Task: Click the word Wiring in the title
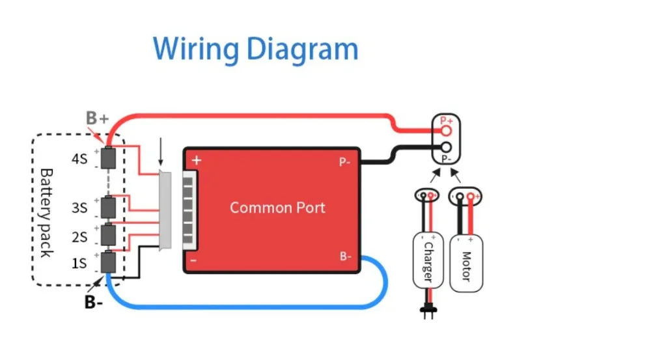click(x=196, y=49)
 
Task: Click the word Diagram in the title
click(x=302, y=49)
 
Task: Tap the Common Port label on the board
click(x=277, y=208)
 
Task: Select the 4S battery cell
click(x=108, y=158)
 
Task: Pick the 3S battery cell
click(x=108, y=207)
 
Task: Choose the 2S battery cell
click(x=108, y=235)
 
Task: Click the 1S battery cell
click(x=108, y=262)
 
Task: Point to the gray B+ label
click(x=97, y=118)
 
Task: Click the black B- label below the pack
click(x=93, y=302)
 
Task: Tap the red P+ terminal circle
click(x=447, y=132)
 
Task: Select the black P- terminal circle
click(x=447, y=147)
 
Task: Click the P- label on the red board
click(x=344, y=162)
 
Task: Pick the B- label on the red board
click(x=346, y=256)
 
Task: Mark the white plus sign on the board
click(x=197, y=160)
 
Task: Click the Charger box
click(x=428, y=260)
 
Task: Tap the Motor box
click(x=466, y=264)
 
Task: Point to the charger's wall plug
click(x=428, y=311)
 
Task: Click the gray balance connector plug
click(x=165, y=210)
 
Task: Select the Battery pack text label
click(x=46, y=213)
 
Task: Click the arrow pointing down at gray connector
click(x=161, y=152)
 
